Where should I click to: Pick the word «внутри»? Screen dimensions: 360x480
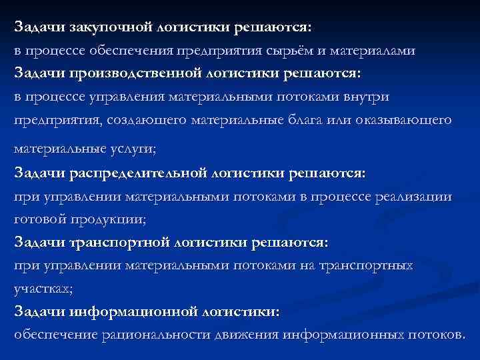[367, 97]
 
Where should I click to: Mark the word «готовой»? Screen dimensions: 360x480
[39, 219]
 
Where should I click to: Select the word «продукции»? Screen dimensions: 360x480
[105, 219]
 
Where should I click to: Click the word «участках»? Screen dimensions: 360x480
[38, 289]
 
